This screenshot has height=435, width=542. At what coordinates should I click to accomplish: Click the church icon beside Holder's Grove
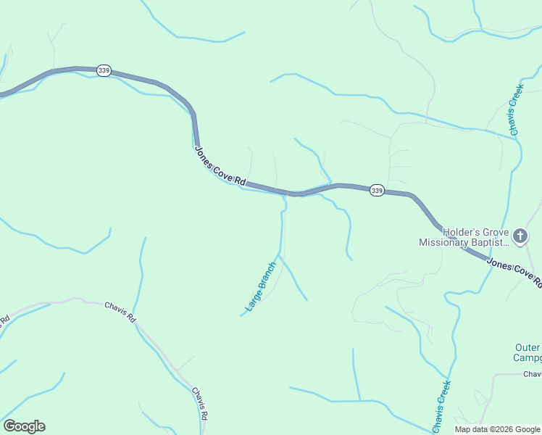tap(520, 236)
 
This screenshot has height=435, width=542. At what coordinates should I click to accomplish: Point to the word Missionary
tap(443, 243)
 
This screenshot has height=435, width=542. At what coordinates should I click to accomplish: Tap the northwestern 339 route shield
tap(104, 71)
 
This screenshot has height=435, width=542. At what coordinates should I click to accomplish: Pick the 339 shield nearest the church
tap(377, 190)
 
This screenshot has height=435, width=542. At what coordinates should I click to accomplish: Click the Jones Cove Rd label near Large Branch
tap(221, 167)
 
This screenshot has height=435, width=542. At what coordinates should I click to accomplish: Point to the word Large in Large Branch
tap(251, 300)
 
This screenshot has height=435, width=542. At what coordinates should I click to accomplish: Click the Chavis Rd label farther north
tap(120, 312)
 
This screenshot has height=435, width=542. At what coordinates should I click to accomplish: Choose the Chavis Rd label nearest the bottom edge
tap(200, 404)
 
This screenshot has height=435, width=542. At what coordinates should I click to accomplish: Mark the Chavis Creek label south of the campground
tap(441, 406)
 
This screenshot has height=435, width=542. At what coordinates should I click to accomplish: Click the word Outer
tap(528, 347)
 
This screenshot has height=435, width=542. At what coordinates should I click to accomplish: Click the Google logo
tap(24, 426)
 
